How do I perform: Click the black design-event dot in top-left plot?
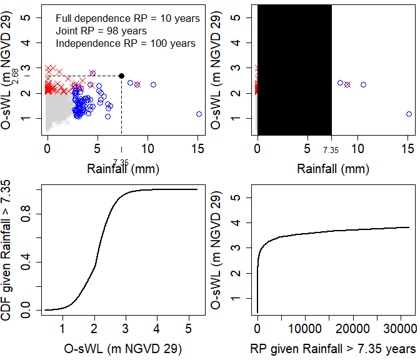[121, 76]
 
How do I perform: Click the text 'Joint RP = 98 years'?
[101, 31]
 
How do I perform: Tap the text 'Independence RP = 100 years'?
[125, 43]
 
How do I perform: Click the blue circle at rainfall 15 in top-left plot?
[199, 114]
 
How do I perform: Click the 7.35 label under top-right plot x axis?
[331, 150]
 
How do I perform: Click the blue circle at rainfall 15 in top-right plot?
[409, 114]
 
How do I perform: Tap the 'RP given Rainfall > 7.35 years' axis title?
[333, 347]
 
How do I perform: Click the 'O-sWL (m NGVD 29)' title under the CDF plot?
[123, 347]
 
